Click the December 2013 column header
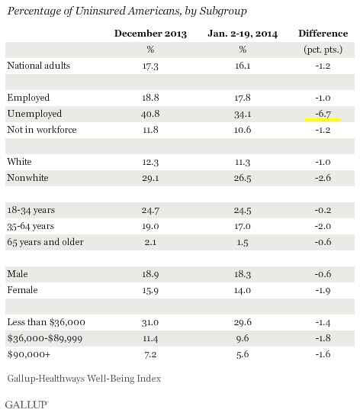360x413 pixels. click(x=150, y=34)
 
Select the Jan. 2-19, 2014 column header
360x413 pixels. click(x=243, y=34)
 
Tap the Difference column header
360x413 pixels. click(x=323, y=34)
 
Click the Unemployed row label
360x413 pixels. click(x=34, y=114)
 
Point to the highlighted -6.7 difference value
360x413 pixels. click(x=323, y=114)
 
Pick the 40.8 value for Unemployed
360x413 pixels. click(x=150, y=114)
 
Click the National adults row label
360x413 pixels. click(x=38, y=66)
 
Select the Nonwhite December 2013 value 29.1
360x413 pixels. click(x=150, y=178)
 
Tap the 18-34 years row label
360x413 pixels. click(x=31, y=210)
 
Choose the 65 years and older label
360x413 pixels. click(x=45, y=242)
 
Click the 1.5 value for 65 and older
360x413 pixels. click(x=243, y=242)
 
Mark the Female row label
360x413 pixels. click(x=22, y=290)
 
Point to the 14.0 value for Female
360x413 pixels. click(x=243, y=290)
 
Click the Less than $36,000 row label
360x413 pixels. click(x=46, y=322)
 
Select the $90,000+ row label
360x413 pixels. click(x=29, y=354)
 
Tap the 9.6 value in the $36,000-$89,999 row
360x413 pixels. click(x=243, y=338)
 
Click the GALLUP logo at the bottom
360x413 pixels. click(x=27, y=405)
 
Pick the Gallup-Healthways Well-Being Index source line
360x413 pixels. click(x=84, y=379)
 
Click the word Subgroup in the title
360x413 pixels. click(x=223, y=11)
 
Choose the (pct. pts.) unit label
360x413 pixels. click(x=323, y=50)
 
